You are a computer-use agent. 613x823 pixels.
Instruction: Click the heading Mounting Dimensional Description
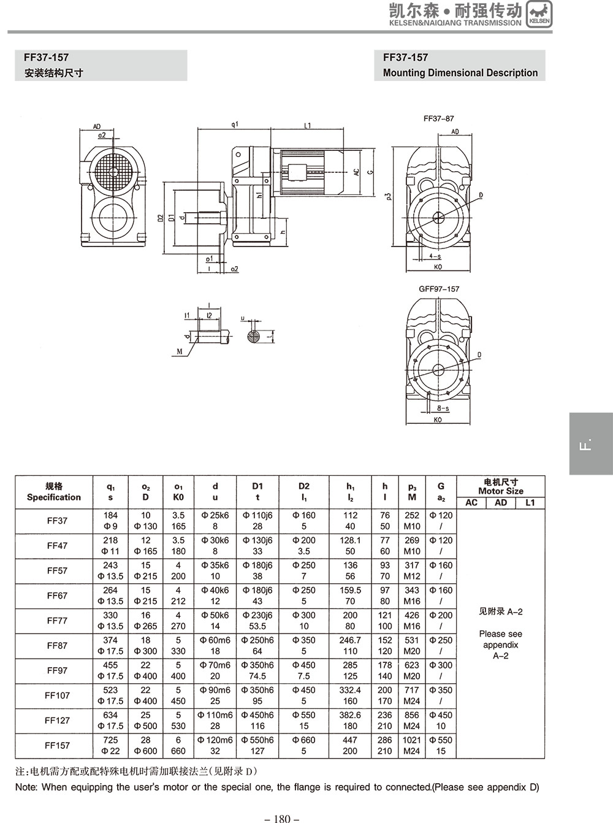pyautogui.click(x=460, y=72)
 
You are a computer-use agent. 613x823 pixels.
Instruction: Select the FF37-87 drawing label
pyautogui.click(x=439, y=118)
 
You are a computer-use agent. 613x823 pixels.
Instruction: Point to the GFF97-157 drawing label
pyautogui.click(x=439, y=289)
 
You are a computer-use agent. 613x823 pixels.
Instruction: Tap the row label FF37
pyautogui.click(x=57, y=521)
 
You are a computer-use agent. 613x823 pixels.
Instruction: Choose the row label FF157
pyautogui.click(x=57, y=745)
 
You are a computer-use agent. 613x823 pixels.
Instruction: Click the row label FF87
pyautogui.click(x=57, y=645)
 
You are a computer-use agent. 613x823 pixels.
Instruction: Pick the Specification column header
pyautogui.click(x=54, y=497)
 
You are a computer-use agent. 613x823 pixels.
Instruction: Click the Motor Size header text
pyautogui.click(x=501, y=491)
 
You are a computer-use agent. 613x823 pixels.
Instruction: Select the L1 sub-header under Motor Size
pyautogui.click(x=530, y=503)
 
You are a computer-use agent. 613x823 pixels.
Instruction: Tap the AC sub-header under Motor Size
pyautogui.click(x=471, y=503)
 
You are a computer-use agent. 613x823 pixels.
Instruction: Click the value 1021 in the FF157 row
pyautogui.click(x=412, y=740)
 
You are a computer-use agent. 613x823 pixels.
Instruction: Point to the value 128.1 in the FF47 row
pyautogui.click(x=350, y=540)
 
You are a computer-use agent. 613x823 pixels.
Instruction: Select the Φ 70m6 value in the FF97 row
pyautogui.click(x=215, y=665)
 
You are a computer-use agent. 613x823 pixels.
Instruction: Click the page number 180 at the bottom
pyautogui.click(x=282, y=818)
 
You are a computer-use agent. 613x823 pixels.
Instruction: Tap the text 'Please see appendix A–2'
pyautogui.click(x=501, y=645)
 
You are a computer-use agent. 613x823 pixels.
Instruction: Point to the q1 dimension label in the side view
pyautogui.click(x=235, y=124)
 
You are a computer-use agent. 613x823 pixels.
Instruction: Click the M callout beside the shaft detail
pyautogui.click(x=180, y=351)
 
